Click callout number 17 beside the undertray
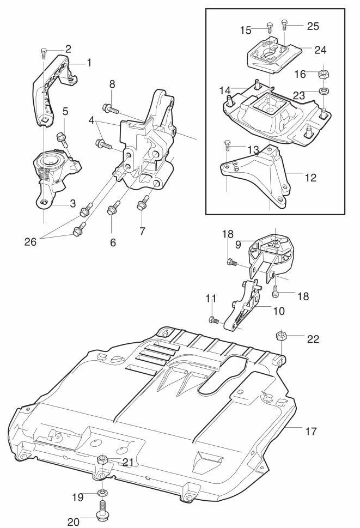(x=311, y=431)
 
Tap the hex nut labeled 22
(x=281, y=336)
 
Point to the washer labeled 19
(x=102, y=494)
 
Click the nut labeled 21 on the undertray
(x=102, y=460)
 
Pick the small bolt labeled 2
(x=44, y=53)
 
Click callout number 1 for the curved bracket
(x=89, y=63)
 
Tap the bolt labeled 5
(x=62, y=137)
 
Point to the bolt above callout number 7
(x=143, y=202)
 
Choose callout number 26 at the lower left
(x=30, y=242)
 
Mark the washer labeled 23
(x=325, y=90)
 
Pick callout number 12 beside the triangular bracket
(x=311, y=178)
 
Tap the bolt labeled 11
(x=213, y=319)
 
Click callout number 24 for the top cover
(x=320, y=50)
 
